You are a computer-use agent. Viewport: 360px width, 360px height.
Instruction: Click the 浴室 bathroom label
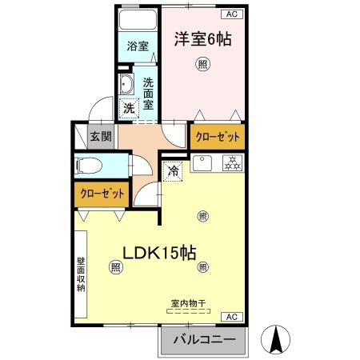[138, 46]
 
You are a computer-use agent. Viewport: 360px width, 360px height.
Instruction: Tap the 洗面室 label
[149, 92]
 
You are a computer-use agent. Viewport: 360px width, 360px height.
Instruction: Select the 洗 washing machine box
[128, 108]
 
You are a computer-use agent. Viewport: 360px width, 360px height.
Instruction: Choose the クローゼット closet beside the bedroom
[218, 136]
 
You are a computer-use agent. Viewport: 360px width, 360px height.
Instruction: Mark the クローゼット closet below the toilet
[102, 194]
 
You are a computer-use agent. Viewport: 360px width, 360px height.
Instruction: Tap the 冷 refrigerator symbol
[174, 170]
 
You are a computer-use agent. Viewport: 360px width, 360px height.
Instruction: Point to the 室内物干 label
[189, 303]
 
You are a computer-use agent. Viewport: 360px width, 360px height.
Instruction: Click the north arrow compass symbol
[277, 340]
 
